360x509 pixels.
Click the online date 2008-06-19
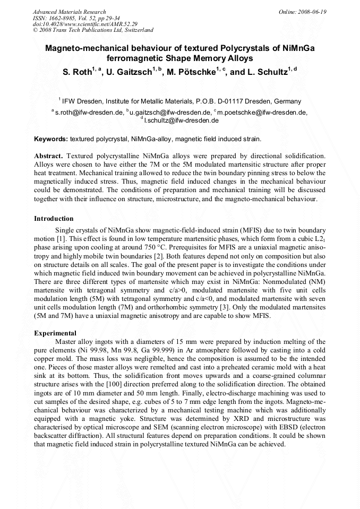coord(313,12)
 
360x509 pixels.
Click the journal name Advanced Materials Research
coord(69,12)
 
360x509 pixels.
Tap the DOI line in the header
coord(85,24)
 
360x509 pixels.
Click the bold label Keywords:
coord(50,139)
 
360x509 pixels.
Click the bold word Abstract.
coord(48,157)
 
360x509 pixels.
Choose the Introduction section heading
coord(54,218)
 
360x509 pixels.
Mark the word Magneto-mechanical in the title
coord(82,48)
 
